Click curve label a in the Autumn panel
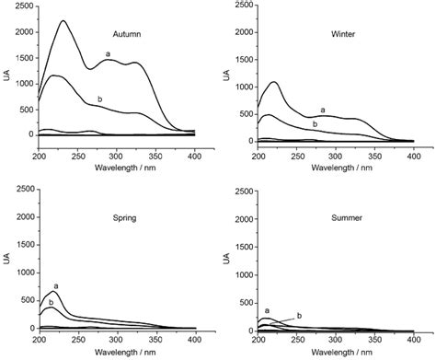109,54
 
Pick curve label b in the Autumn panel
99,98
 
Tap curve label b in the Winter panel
315,123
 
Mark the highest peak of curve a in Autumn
63,21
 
